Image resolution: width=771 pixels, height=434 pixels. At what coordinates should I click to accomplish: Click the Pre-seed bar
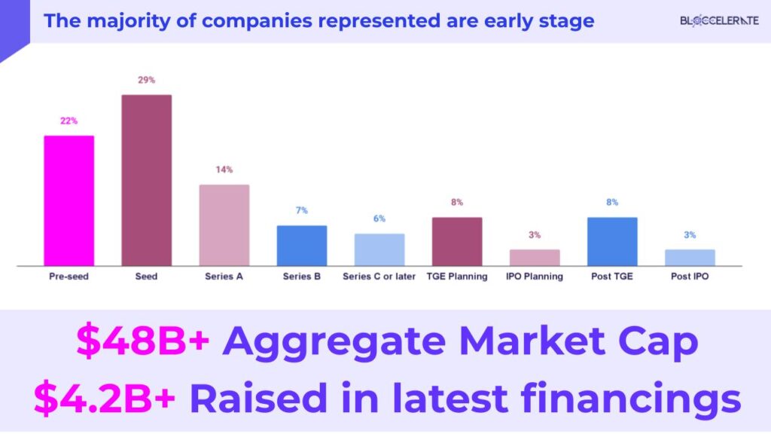[x=69, y=200]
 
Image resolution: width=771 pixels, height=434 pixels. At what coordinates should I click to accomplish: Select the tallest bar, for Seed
[x=146, y=180]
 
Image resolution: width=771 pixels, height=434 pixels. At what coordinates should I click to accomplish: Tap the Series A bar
[x=224, y=225]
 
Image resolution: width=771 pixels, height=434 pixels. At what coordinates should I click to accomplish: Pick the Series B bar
[x=301, y=246]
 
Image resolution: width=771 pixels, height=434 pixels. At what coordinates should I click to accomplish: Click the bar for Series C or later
[x=379, y=249]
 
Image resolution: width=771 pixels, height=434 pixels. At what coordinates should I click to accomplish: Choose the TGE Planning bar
[x=457, y=242]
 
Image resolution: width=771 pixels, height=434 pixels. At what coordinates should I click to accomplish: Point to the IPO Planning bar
[x=535, y=258]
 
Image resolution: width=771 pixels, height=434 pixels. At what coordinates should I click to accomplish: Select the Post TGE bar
[x=612, y=242]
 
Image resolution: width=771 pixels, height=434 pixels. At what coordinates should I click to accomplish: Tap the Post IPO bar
[x=690, y=258]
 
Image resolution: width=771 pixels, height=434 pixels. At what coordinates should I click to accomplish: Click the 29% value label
[x=146, y=80]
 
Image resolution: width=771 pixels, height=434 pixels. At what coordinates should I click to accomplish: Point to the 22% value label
[x=69, y=121]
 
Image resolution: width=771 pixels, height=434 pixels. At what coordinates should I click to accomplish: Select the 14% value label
[x=224, y=170]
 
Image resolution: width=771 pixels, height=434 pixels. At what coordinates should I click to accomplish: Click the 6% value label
[x=379, y=219]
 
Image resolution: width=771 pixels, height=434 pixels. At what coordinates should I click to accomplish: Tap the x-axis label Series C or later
[x=379, y=277]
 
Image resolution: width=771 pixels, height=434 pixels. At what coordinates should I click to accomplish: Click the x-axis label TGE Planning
[x=457, y=277]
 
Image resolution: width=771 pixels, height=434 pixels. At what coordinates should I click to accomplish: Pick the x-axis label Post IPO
[x=690, y=277]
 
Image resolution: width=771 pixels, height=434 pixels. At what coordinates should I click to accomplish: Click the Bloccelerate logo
[x=719, y=20]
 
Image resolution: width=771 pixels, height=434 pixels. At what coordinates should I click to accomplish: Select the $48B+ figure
[x=142, y=343]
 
